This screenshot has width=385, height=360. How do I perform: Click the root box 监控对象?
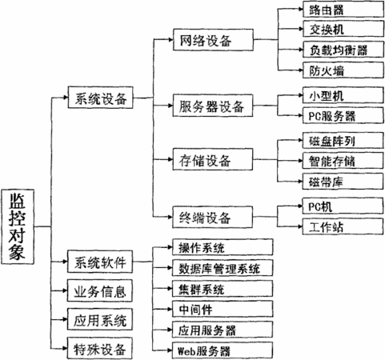pos(18,226)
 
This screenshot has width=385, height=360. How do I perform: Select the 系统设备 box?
pos(100,98)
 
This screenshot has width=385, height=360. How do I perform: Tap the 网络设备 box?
pos(213,40)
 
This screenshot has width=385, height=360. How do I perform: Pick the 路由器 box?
pos(343,10)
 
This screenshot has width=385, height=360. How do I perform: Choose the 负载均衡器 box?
pos(343,50)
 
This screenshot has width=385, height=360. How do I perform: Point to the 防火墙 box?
pos(343,70)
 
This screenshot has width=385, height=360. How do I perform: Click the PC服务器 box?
pos(343,115)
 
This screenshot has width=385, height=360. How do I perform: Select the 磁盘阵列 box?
pos(343,140)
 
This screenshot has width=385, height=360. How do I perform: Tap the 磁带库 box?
pos(343,182)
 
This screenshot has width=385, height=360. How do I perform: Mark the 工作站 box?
pos(343,226)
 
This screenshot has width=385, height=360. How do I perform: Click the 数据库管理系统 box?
pos(223,268)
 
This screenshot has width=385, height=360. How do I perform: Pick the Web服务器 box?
pos(223,350)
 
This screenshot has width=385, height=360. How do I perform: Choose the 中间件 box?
pos(223,309)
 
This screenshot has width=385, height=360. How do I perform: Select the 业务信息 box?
pos(100,290)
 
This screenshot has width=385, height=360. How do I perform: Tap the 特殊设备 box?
pos(100,348)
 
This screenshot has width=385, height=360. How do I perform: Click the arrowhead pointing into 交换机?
pos(301,28)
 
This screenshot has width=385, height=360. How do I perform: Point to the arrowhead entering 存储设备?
pos(170,159)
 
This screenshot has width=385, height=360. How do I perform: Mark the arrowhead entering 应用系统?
pos(65,319)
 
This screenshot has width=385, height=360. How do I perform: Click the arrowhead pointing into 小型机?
pos(300,95)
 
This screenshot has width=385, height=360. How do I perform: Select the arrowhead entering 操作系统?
pos(170,247)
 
